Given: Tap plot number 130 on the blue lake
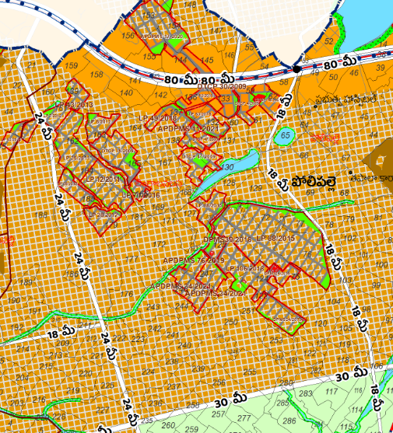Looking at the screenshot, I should tap(227, 166).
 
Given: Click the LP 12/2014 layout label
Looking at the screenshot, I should tap(104, 180).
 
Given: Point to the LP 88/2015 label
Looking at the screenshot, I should tap(274, 237).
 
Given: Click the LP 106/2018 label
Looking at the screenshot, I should tap(244, 268).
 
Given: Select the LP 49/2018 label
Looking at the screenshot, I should tap(158, 117).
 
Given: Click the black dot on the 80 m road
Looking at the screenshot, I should tap(297, 70).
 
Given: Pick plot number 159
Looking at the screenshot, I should tap(72, 65).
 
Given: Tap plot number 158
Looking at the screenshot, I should tap(96, 75).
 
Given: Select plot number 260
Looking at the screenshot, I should tap(168, 425).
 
